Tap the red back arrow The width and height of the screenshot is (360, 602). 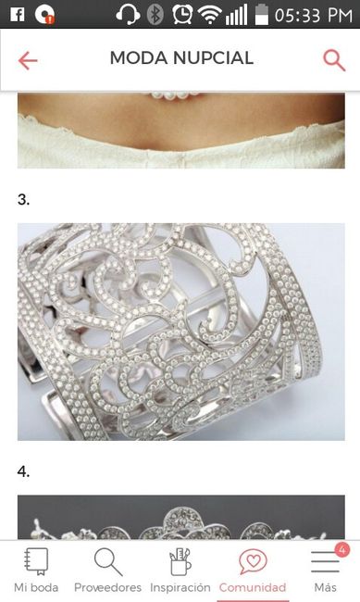(x=28, y=60)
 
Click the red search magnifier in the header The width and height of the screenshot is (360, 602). (x=334, y=60)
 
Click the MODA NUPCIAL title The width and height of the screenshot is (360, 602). (x=181, y=58)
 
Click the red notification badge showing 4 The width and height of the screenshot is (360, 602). (x=341, y=550)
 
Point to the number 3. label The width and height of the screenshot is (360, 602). (x=23, y=200)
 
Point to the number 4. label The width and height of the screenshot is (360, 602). (x=23, y=471)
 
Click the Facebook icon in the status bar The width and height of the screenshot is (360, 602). (x=18, y=15)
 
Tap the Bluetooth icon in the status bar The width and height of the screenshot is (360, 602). (x=155, y=15)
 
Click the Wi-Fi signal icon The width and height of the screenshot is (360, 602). (x=209, y=16)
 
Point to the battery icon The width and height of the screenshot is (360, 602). (x=262, y=15)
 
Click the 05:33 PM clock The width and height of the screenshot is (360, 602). (x=314, y=16)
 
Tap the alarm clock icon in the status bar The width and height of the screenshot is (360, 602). (x=182, y=15)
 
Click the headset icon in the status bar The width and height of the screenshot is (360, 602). (x=128, y=16)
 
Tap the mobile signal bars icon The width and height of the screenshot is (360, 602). (x=236, y=16)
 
